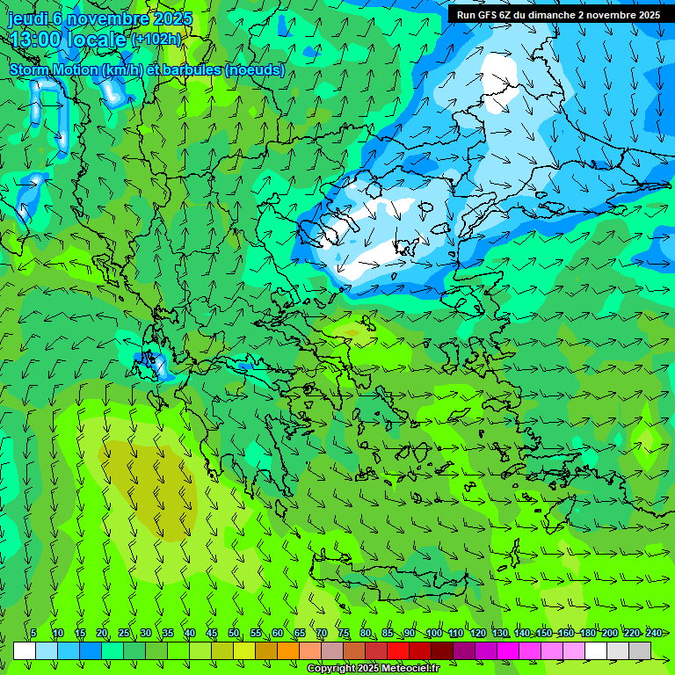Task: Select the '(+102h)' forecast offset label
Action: (x=156, y=40)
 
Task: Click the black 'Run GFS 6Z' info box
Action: (x=558, y=14)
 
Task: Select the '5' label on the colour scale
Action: (x=33, y=634)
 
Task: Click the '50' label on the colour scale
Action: (x=234, y=634)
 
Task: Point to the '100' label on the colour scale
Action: (x=434, y=634)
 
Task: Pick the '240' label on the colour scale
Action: (x=654, y=634)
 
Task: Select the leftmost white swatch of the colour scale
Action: (x=25, y=651)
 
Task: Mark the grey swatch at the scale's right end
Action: (x=640, y=651)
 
